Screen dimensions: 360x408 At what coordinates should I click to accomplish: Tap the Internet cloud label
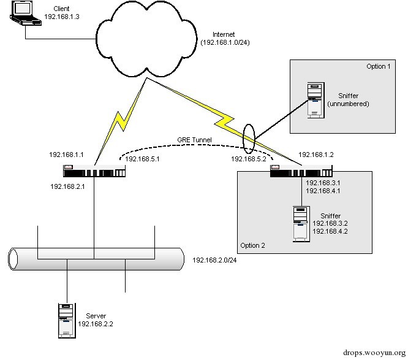(224, 34)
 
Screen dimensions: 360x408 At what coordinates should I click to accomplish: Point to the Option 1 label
(379, 66)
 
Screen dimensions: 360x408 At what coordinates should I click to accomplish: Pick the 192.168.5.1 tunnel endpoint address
(142, 159)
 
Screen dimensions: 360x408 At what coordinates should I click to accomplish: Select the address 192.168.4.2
(330, 232)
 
